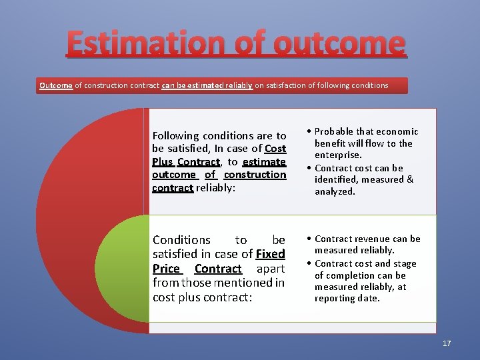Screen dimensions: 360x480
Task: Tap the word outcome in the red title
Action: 339,43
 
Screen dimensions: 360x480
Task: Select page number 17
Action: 447,343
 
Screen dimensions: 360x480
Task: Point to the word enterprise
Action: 338,155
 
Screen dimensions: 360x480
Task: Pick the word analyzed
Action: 335,191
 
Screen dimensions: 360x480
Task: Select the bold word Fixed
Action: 270,254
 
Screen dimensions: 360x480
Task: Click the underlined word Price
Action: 166,269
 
